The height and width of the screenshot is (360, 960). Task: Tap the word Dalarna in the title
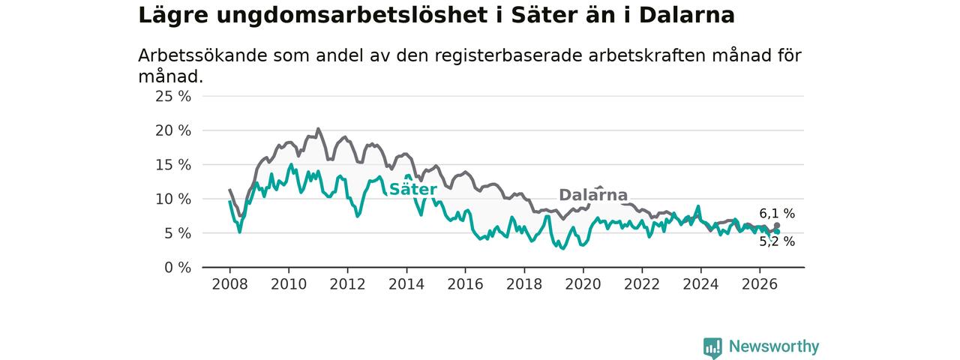click(687, 15)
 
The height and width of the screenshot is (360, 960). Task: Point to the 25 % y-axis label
click(173, 97)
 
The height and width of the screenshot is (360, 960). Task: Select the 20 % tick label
click(173, 130)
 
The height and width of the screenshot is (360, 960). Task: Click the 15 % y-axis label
click(173, 165)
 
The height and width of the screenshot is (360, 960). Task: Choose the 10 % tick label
click(173, 199)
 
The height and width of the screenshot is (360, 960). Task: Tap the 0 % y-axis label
click(178, 268)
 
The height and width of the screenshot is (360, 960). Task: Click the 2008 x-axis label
click(229, 284)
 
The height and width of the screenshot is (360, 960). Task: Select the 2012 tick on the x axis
click(347, 284)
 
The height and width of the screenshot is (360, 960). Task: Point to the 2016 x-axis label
click(466, 284)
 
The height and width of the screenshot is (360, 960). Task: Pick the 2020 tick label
click(583, 284)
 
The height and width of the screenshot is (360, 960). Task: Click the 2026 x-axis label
click(760, 284)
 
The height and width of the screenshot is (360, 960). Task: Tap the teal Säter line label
click(413, 189)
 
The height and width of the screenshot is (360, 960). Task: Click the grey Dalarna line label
click(593, 195)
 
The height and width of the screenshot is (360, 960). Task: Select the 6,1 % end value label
click(777, 214)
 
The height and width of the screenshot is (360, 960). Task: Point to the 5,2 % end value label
click(777, 241)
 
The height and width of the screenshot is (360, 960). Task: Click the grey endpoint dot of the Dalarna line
click(777, 226)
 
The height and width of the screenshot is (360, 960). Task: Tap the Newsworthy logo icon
click(712, 347)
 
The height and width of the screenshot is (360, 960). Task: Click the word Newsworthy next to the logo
click(774, 346)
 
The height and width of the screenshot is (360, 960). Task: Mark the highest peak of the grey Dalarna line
click(318, 128)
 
